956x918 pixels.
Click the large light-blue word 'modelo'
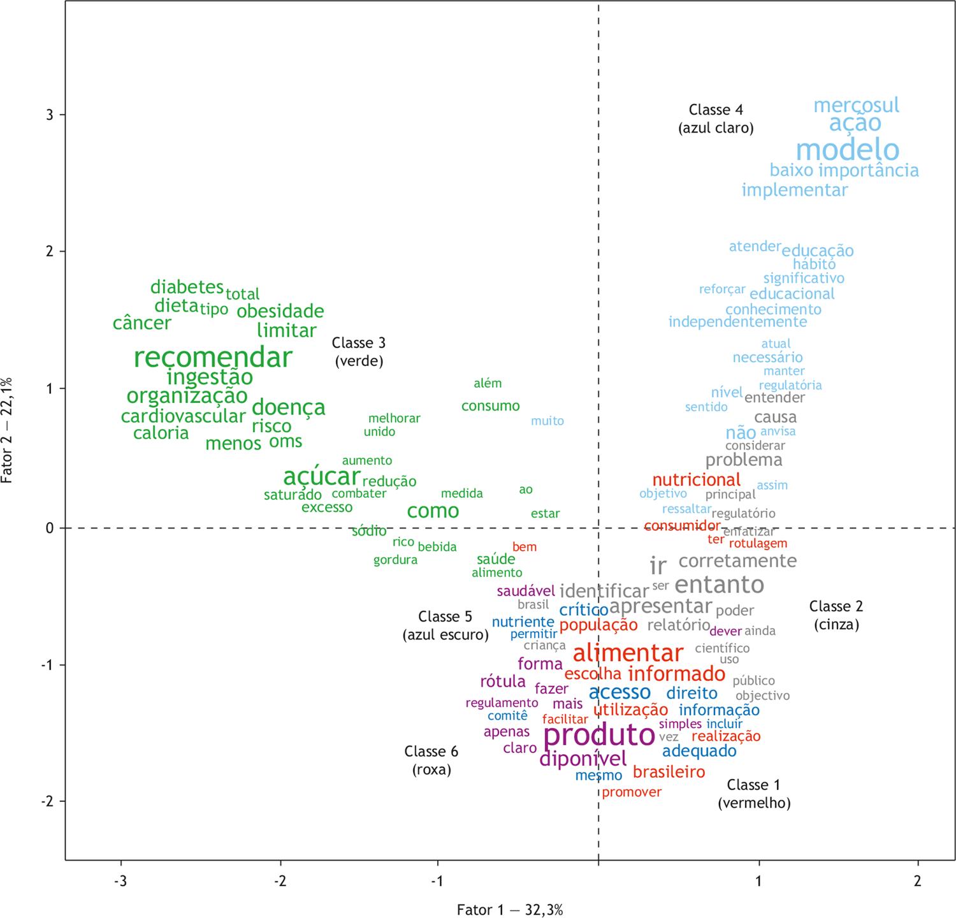pos(848,150)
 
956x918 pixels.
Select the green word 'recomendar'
pos(213,358)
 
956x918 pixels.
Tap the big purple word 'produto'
pos(599,735)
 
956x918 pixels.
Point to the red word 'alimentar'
pos(628,653)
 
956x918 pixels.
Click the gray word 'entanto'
pos(719,585)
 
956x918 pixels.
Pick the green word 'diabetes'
pos(187,287)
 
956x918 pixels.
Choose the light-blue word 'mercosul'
pos(856,105)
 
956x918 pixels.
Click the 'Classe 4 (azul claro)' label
pos(716,119)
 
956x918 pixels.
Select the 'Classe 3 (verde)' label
pos(359,352)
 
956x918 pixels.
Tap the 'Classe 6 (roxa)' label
pos(431,761)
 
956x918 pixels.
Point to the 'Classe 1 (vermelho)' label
pos(754,794)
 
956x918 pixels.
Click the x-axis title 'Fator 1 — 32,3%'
pos(510,910)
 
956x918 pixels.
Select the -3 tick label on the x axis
pos(120,882)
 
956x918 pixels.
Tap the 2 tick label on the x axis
pos(918,882)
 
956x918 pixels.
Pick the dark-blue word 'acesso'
pos(619,692)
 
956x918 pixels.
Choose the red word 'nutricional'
pos(696,479)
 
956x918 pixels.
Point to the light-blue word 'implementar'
pos(795,190)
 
